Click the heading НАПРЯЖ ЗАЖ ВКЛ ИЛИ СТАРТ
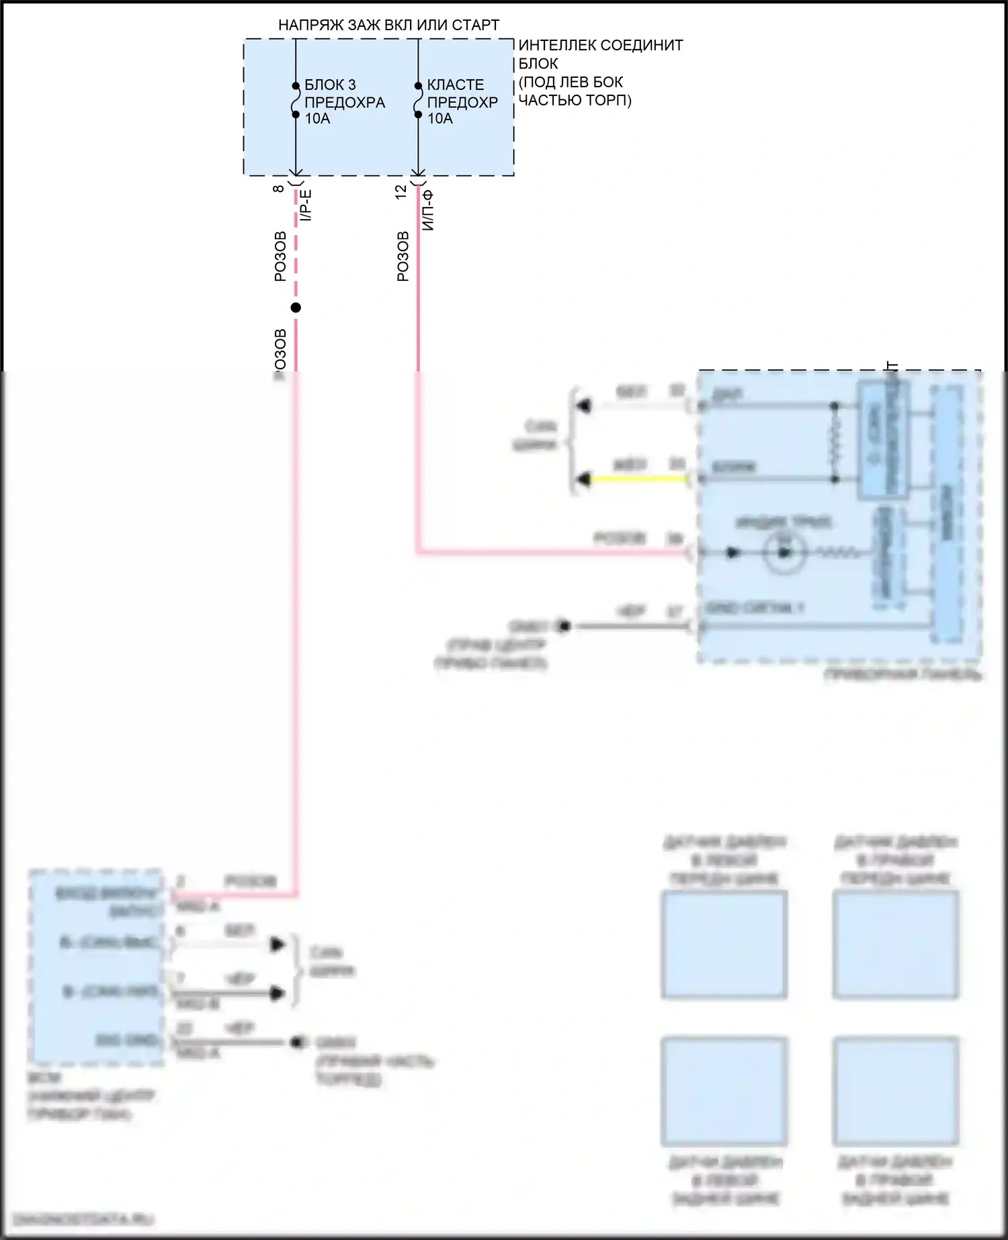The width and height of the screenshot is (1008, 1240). pyautogui.click(x=388, y=26)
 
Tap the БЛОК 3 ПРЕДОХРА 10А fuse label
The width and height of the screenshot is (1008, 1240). pyautogui.click(x=344, y=102)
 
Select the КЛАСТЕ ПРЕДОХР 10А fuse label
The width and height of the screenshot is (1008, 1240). pyautogui.click(x=462, y=102)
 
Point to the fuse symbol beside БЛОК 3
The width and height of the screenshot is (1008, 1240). pyautogui.click(x=296, y=101)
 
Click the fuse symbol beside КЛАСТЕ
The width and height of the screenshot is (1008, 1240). pyautogui.click(x=418, y=101)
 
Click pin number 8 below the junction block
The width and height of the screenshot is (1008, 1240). pyautogui.click(x=278, y=189)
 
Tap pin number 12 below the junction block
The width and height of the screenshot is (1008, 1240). pyautogui.click(x=401, y=191)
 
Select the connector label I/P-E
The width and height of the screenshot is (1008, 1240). pyautogui.click(x=306, y=206)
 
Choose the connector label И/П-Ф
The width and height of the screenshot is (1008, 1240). pyautogui.click(x=429, y=210)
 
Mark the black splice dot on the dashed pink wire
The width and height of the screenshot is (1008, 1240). pyautogui.click(x=296, y=308)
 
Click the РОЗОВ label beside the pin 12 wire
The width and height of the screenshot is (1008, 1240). pyautogui.click(x=403, y=256)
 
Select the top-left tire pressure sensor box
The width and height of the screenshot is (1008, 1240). pyautogui.click(x=724, y=944)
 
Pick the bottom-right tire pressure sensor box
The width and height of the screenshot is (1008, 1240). pyautogui.click(x=895, y=1091)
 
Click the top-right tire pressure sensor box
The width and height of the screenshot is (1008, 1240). pyautogui.click(x=895, y=944)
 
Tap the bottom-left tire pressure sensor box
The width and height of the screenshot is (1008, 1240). pyautogui.click(x=724, y=1091)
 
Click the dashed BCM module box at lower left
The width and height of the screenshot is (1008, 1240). pyautogui.click(x=96, y=967)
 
